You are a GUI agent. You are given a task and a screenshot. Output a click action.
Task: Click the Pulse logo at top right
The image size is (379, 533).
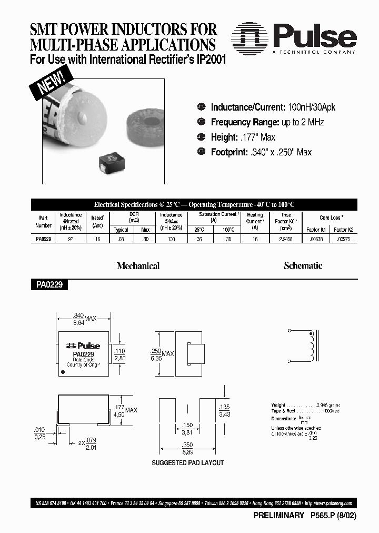[x=295, y=38]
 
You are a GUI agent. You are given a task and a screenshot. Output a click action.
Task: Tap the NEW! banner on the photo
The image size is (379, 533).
[x=51, y=83]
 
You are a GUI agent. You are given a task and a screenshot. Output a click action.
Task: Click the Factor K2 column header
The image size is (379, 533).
[x=343, y=230]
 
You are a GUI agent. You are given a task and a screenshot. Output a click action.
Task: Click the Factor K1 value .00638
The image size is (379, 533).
[x=316, y=239]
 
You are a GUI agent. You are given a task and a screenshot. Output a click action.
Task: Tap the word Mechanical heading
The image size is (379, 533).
[x=138, y=266]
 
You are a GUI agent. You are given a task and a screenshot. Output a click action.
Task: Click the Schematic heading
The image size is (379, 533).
[x=303, y=265]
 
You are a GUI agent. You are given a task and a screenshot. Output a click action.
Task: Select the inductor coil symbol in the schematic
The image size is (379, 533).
[x=311, y=343]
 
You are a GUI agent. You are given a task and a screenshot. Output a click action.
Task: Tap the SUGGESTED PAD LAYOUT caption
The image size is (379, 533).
[x=187, y=462]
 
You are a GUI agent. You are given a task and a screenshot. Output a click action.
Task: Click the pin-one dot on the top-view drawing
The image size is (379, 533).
[x=64, y=372]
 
